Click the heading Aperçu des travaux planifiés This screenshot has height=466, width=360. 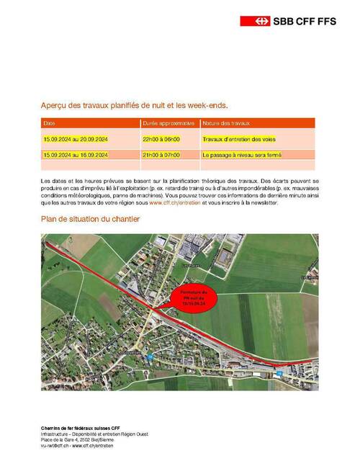point(134,105)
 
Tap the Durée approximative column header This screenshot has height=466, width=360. point(169,123)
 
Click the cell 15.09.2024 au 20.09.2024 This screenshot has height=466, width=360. point(75,139)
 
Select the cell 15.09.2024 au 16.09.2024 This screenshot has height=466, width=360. point(75,155)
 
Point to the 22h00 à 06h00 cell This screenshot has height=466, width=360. point(162,139)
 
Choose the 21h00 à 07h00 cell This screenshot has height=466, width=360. point(162,155)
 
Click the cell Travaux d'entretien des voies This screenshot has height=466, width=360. point(239,139)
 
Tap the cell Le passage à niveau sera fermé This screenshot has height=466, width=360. point(242,155)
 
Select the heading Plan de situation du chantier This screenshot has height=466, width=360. point(90,219)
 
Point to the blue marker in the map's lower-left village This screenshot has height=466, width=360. point(149,357)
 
